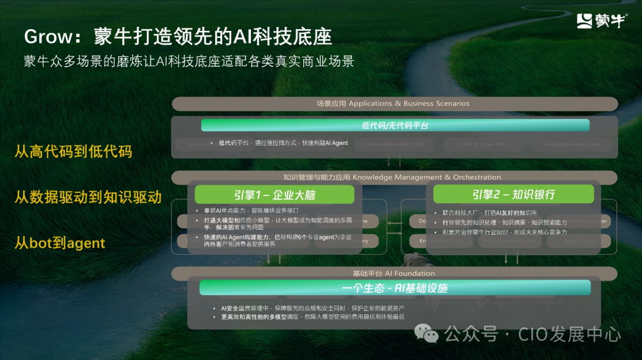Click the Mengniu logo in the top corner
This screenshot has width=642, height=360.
(601, 21)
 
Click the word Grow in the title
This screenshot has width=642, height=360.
(48, 37)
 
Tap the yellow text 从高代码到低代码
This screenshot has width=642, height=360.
(73, 151)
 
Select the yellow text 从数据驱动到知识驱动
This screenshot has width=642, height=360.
(88, 197)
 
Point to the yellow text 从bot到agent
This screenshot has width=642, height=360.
(59, 243)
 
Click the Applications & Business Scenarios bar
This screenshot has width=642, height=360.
(394, 103)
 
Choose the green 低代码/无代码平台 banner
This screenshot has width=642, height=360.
(395, 125)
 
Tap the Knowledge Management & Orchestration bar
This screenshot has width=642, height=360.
(394, 177)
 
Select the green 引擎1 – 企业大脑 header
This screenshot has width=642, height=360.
(274, 194)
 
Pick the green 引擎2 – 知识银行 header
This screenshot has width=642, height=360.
(513, 194)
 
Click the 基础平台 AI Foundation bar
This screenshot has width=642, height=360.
(394, 273)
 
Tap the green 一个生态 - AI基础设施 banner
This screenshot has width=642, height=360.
(395, 288)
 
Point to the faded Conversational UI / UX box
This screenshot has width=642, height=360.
(394, 144)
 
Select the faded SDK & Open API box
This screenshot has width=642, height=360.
(483, 144)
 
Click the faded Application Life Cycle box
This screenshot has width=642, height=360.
(572, 144)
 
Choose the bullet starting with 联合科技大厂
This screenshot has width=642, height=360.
(489, 213)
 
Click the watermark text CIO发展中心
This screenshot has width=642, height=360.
(569, 334)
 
